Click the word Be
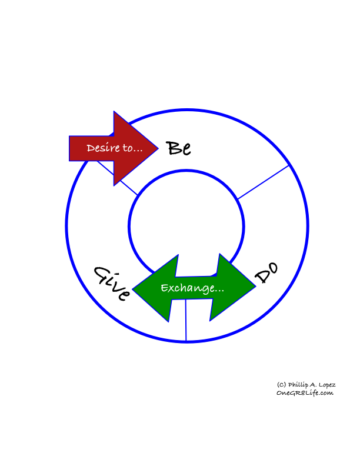(x=178, y=148)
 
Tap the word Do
(x=266, y=273)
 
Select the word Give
(x=112, y=283)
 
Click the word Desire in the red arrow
(x=103, y=148)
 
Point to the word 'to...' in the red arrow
(x=133, y=148)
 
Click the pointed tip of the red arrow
(x=158, y=148)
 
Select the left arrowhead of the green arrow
(x=155, y=288)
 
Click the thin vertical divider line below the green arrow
(x=186, y=320)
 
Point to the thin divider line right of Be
(x=264, y=182)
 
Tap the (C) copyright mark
(x=281, y=385)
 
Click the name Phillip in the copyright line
(x=298, y=385)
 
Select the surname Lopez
(x=327, y=385)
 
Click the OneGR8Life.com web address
(x=305, y=393)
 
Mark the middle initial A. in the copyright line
(x=313, y=385)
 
